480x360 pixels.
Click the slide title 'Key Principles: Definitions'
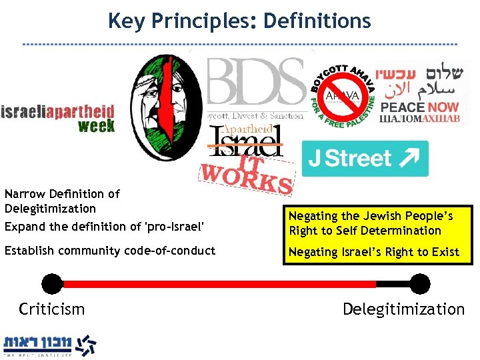click(239, 21)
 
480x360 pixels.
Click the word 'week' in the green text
click(96, 125)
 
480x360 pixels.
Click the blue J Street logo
click(365, 159)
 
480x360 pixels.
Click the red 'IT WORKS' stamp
click(247, 174)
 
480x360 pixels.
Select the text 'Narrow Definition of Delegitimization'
click(62, 201)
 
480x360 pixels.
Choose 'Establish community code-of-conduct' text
click(110, 251)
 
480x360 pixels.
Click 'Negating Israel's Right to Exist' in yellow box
click(373, 251)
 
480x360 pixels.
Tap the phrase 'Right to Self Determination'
click(365, 231)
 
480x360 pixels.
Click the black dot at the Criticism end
click(51, 283)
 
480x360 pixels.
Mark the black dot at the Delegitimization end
click(419, 283)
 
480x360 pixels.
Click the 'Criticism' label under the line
click(52, 309)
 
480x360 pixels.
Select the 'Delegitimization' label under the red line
click(403, 309)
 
